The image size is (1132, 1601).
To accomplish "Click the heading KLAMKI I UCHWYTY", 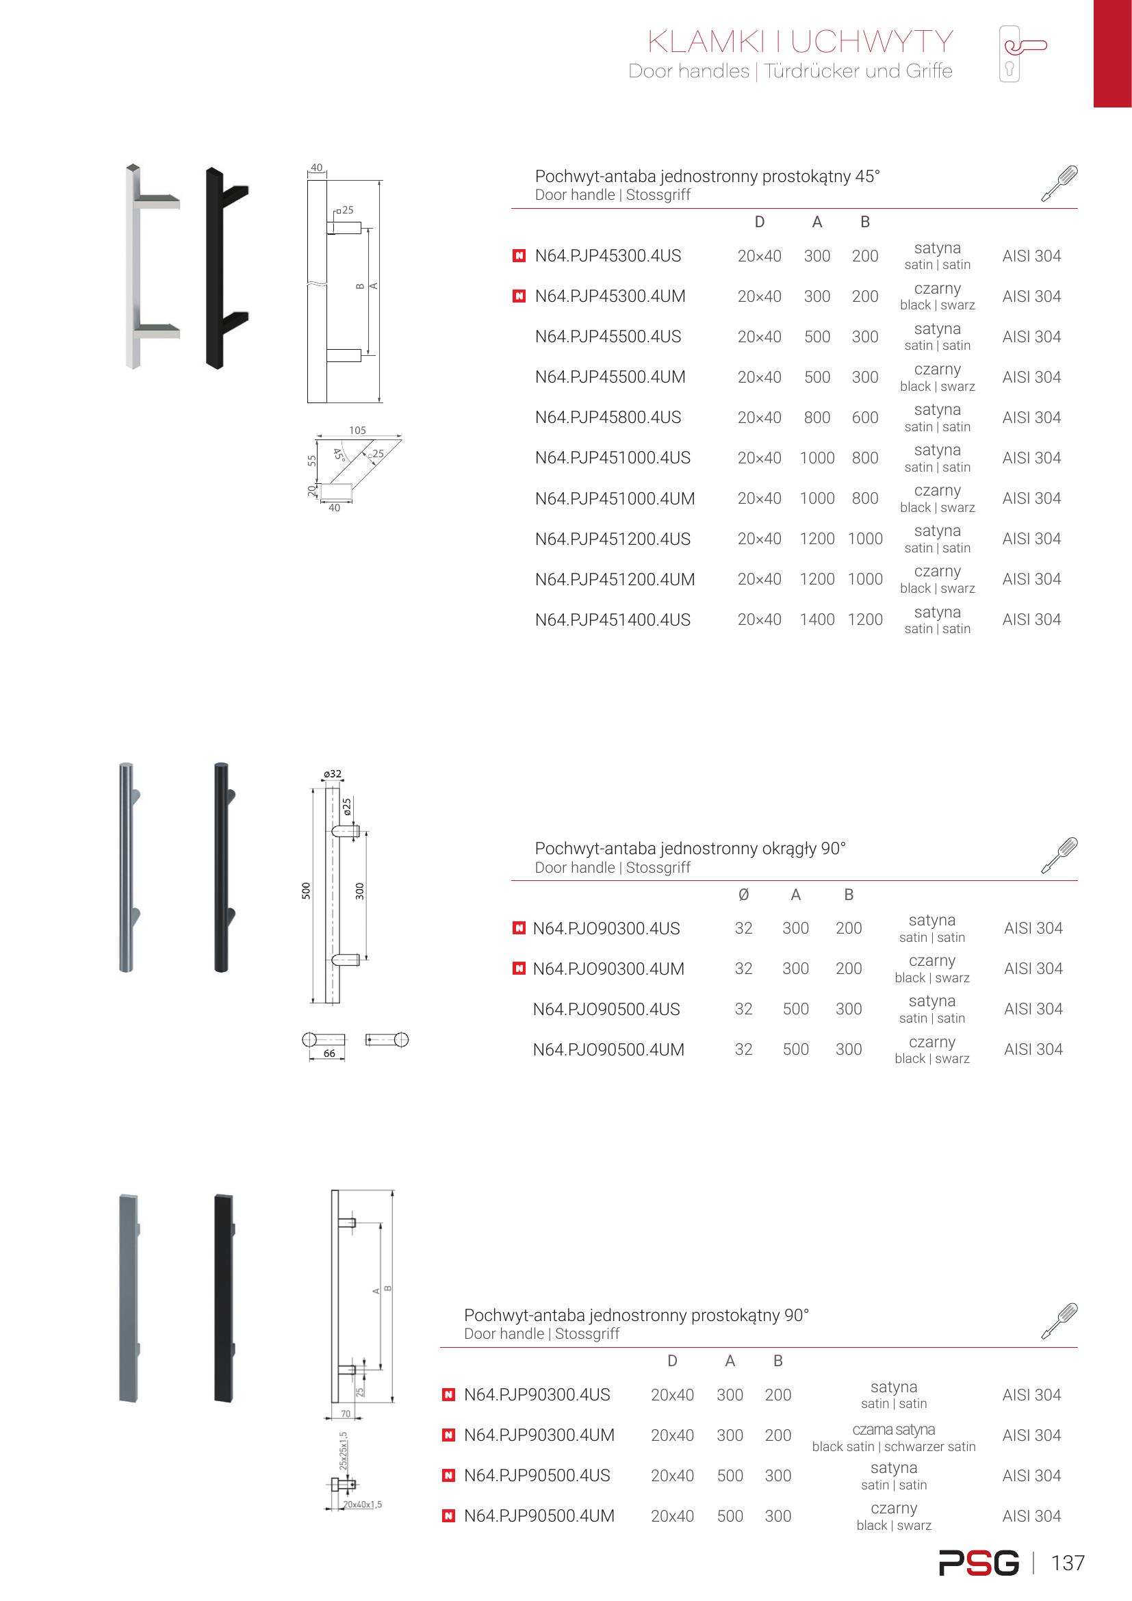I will (799, 42).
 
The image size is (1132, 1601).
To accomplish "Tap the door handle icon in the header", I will (1022, 53).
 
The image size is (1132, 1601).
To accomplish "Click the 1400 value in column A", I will (816, 619).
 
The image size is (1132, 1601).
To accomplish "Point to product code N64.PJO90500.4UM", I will (608, 1049).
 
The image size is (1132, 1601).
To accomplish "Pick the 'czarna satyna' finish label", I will (893, 1429).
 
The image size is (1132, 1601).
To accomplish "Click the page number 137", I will (1067, 1563).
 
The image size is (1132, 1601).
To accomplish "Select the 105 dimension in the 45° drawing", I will (357, 431).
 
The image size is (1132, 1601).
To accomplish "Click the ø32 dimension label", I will (333, 773).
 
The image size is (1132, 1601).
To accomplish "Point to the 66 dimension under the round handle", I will (329, 1053).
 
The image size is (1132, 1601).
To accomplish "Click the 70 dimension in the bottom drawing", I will (346, 1413).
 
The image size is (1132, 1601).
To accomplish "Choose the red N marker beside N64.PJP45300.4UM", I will (519, 296).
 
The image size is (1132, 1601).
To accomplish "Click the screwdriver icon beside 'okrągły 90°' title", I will (1059, 855).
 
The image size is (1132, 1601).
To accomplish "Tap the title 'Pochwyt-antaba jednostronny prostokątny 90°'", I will (636, 1315).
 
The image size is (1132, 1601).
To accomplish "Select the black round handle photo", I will (222, 867).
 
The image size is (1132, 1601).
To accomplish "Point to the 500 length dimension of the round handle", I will (306, 891).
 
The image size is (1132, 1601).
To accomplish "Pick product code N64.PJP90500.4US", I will (537, 1476).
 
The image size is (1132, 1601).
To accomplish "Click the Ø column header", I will (743, 895).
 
